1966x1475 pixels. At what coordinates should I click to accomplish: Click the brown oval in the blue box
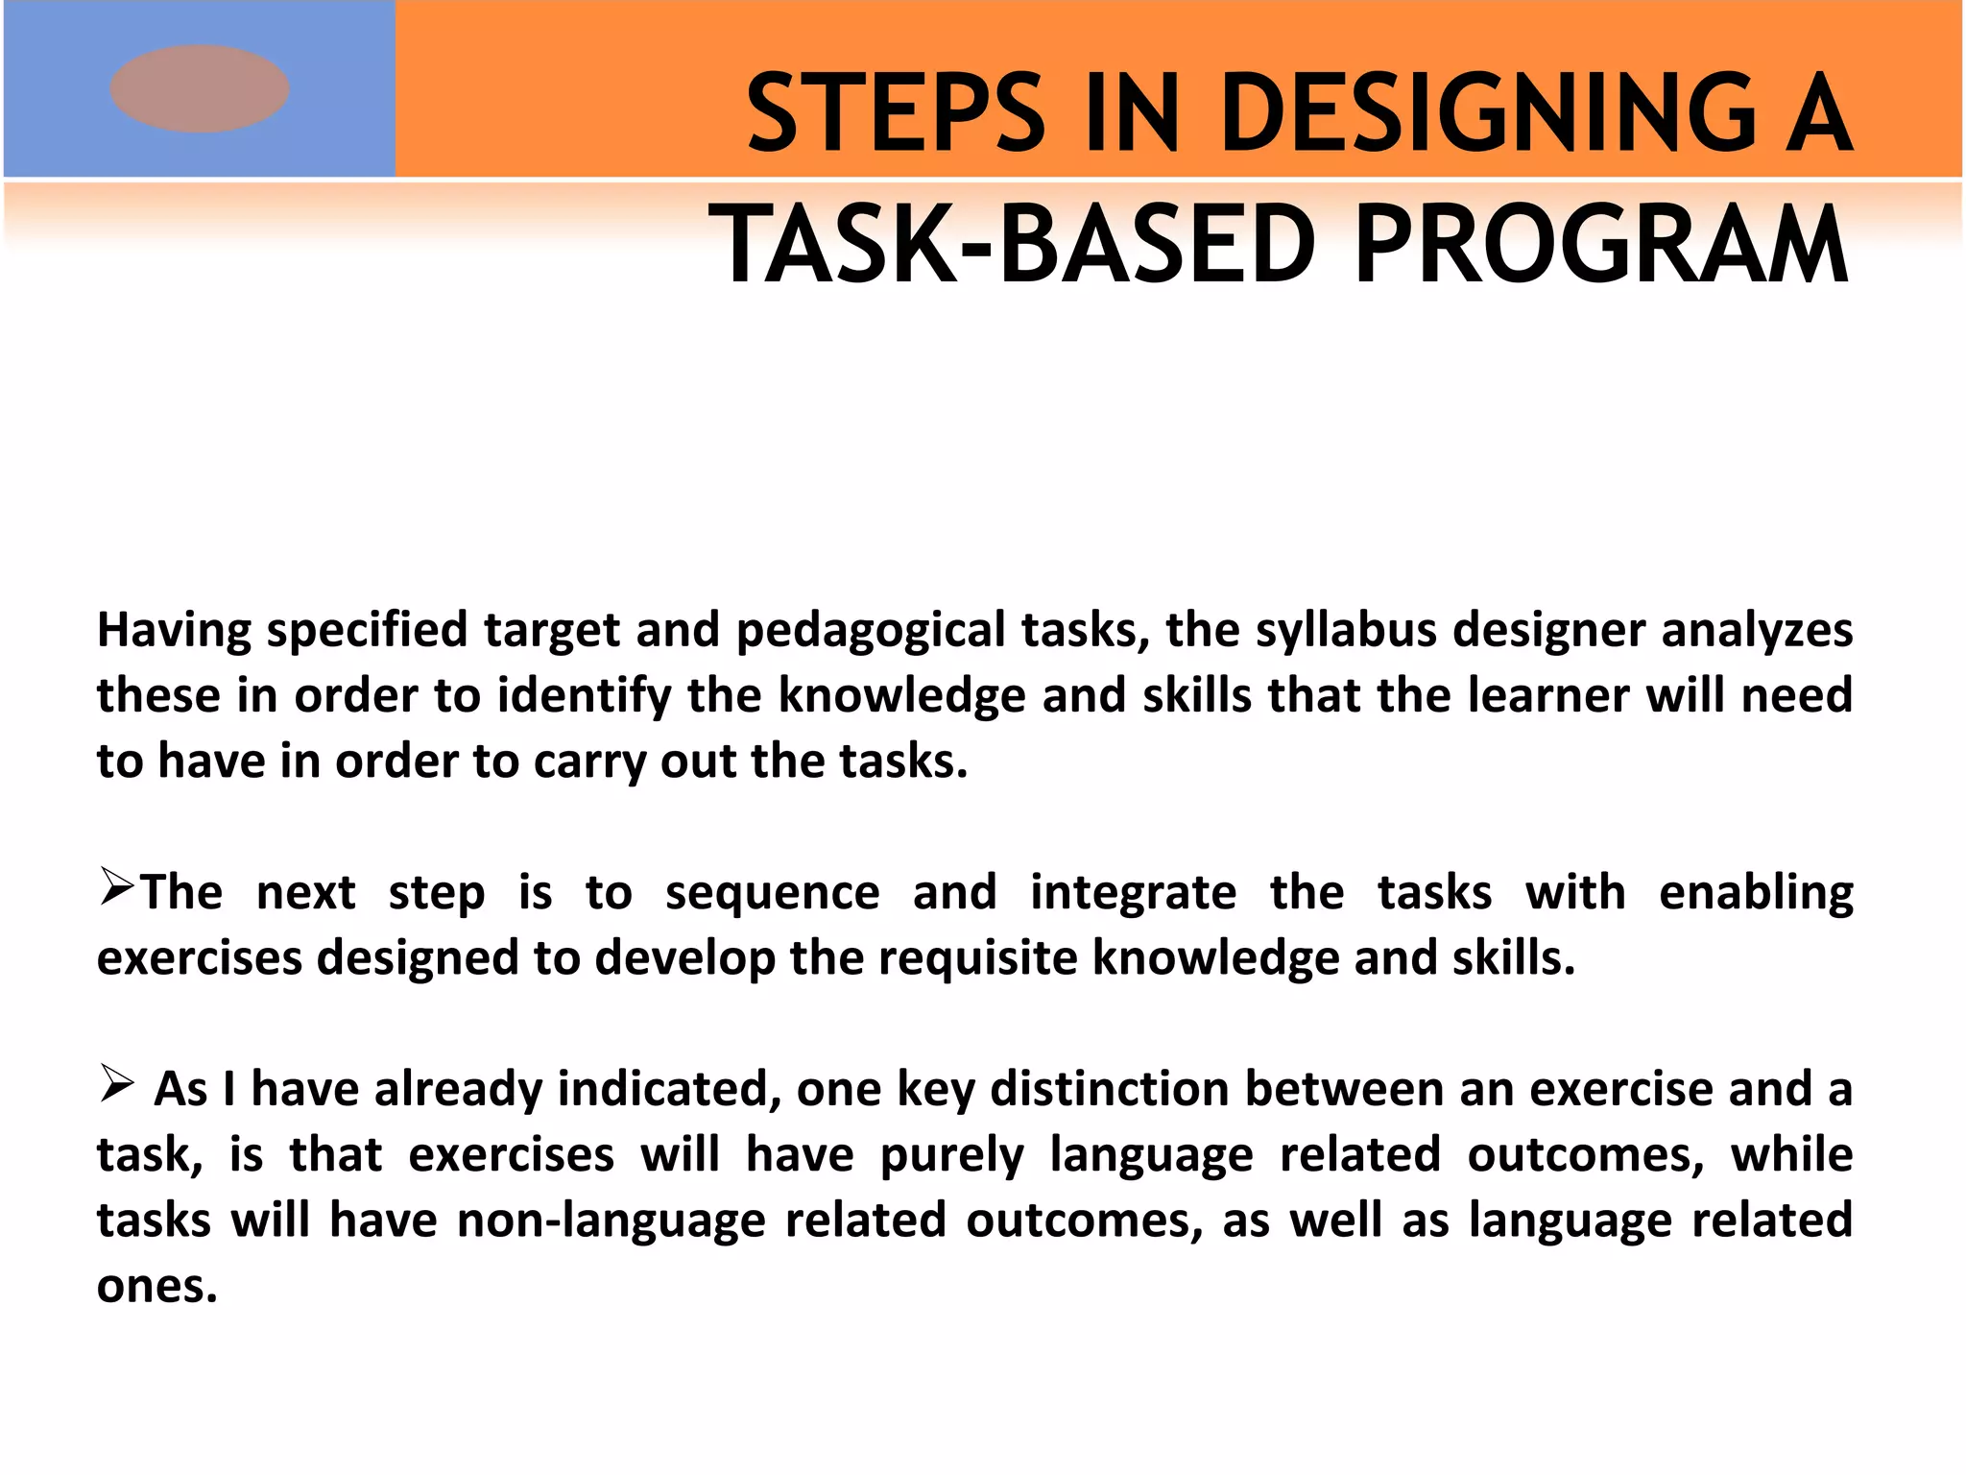tap(200, 88)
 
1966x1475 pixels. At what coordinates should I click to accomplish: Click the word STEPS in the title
tap(895, 113)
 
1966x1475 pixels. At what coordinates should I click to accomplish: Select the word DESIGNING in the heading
tap(1488, 113)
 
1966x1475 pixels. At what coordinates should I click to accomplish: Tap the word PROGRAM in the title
tap(1601, 246)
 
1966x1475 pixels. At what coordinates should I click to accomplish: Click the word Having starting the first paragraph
tap(174, 631)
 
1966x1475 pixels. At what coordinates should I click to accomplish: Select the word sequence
tap(772, 894)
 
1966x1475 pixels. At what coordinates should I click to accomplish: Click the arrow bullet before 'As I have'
tap(116, 1086)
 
